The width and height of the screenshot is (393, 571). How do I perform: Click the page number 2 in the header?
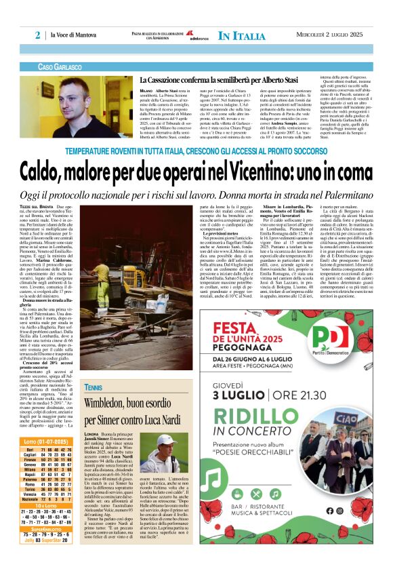tap(38, 35)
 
